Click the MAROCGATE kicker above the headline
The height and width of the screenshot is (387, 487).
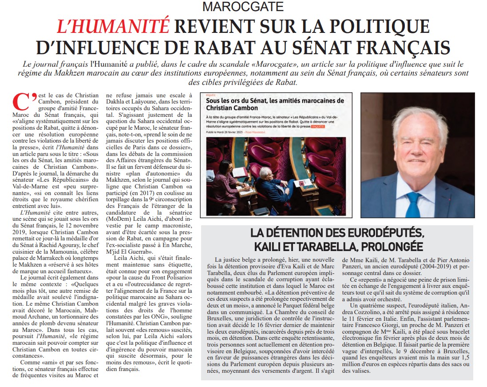[x=243, y=7]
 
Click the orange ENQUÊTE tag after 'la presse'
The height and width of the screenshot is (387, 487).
[x=318, y=126]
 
